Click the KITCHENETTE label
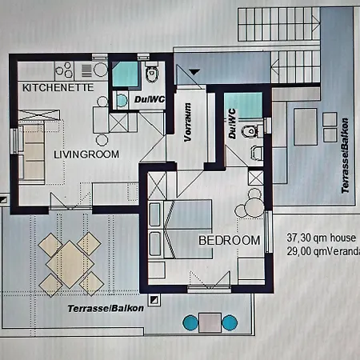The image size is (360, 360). (58, 86)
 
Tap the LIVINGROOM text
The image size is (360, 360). (86, 154)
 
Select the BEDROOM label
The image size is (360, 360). (229, 240)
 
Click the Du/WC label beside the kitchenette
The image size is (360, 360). (150, 99)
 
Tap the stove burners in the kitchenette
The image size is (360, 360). (64, 69)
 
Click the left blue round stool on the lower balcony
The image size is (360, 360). (191, 322)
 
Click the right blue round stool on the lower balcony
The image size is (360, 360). (230, 322)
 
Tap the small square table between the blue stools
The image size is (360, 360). (210, 322)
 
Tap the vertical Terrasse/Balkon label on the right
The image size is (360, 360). (345, 159)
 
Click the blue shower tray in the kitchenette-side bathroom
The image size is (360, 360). (124, 73)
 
